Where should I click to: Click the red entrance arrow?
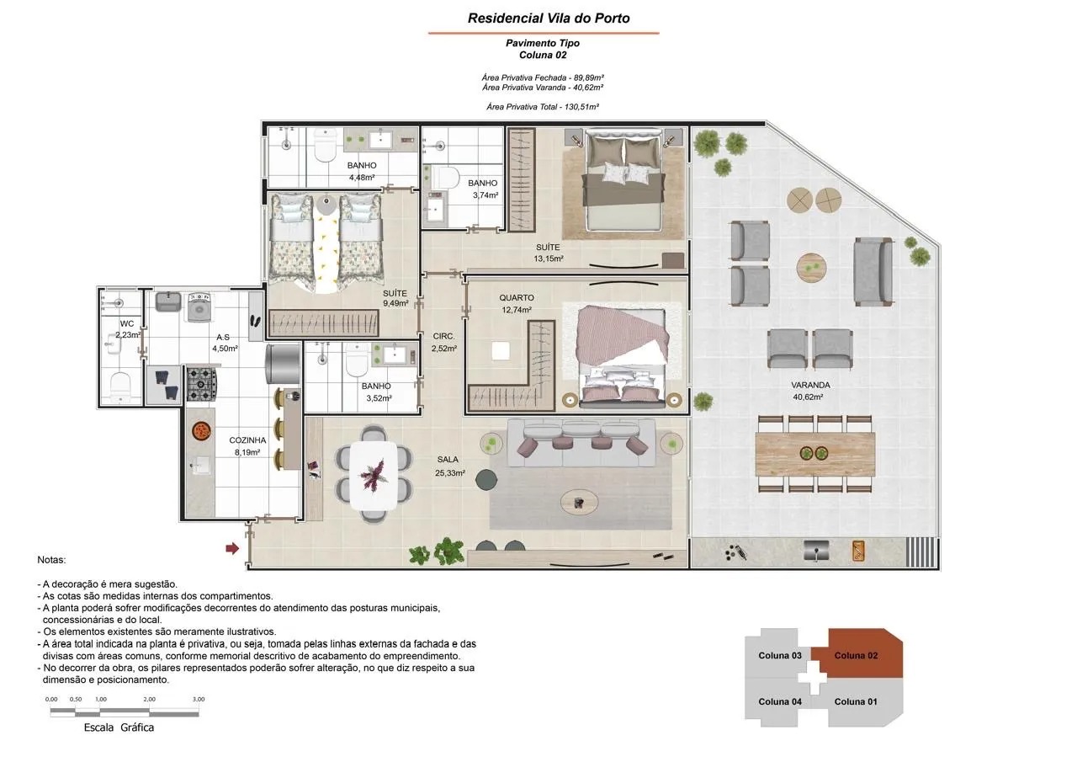point(232,548)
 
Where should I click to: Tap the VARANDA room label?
point(810,385)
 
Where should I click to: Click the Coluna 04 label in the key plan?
point(780,701)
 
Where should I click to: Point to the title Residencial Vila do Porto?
point(549,19)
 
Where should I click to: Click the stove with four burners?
point(201,384)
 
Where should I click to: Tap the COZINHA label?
point(247,440)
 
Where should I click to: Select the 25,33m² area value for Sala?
point(450,473)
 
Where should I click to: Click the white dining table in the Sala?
point(374,475)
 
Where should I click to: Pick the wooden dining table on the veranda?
point(815,454)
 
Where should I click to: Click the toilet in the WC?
point(120,386)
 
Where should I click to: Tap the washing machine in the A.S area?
point(199,306)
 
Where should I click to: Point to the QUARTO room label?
point(517,298)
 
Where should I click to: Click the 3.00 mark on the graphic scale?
point(199,699)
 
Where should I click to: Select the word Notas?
point(51,560)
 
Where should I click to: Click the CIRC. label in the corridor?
point(443,336)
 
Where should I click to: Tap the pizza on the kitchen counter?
point(199,430)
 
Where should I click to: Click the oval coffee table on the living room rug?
point(580,504)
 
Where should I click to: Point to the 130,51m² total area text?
point(581,107)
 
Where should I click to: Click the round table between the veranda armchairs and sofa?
point(812,268)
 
